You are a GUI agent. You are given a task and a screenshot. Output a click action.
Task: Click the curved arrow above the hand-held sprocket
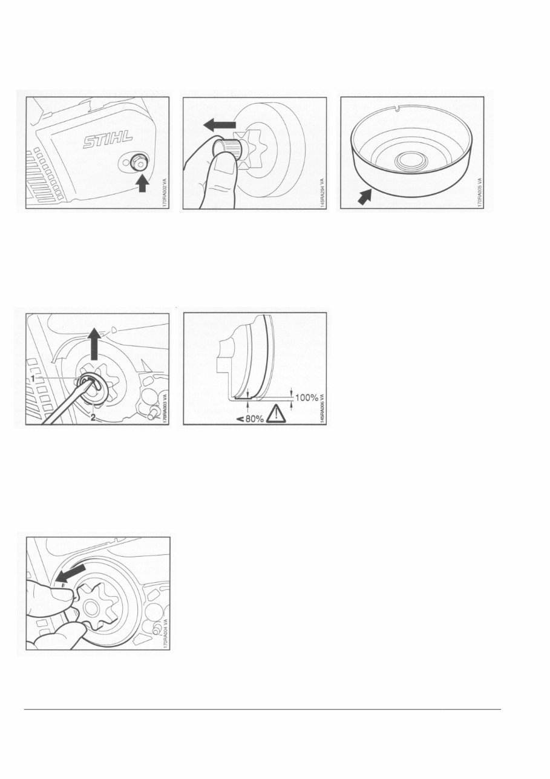(x=68, y=573)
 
